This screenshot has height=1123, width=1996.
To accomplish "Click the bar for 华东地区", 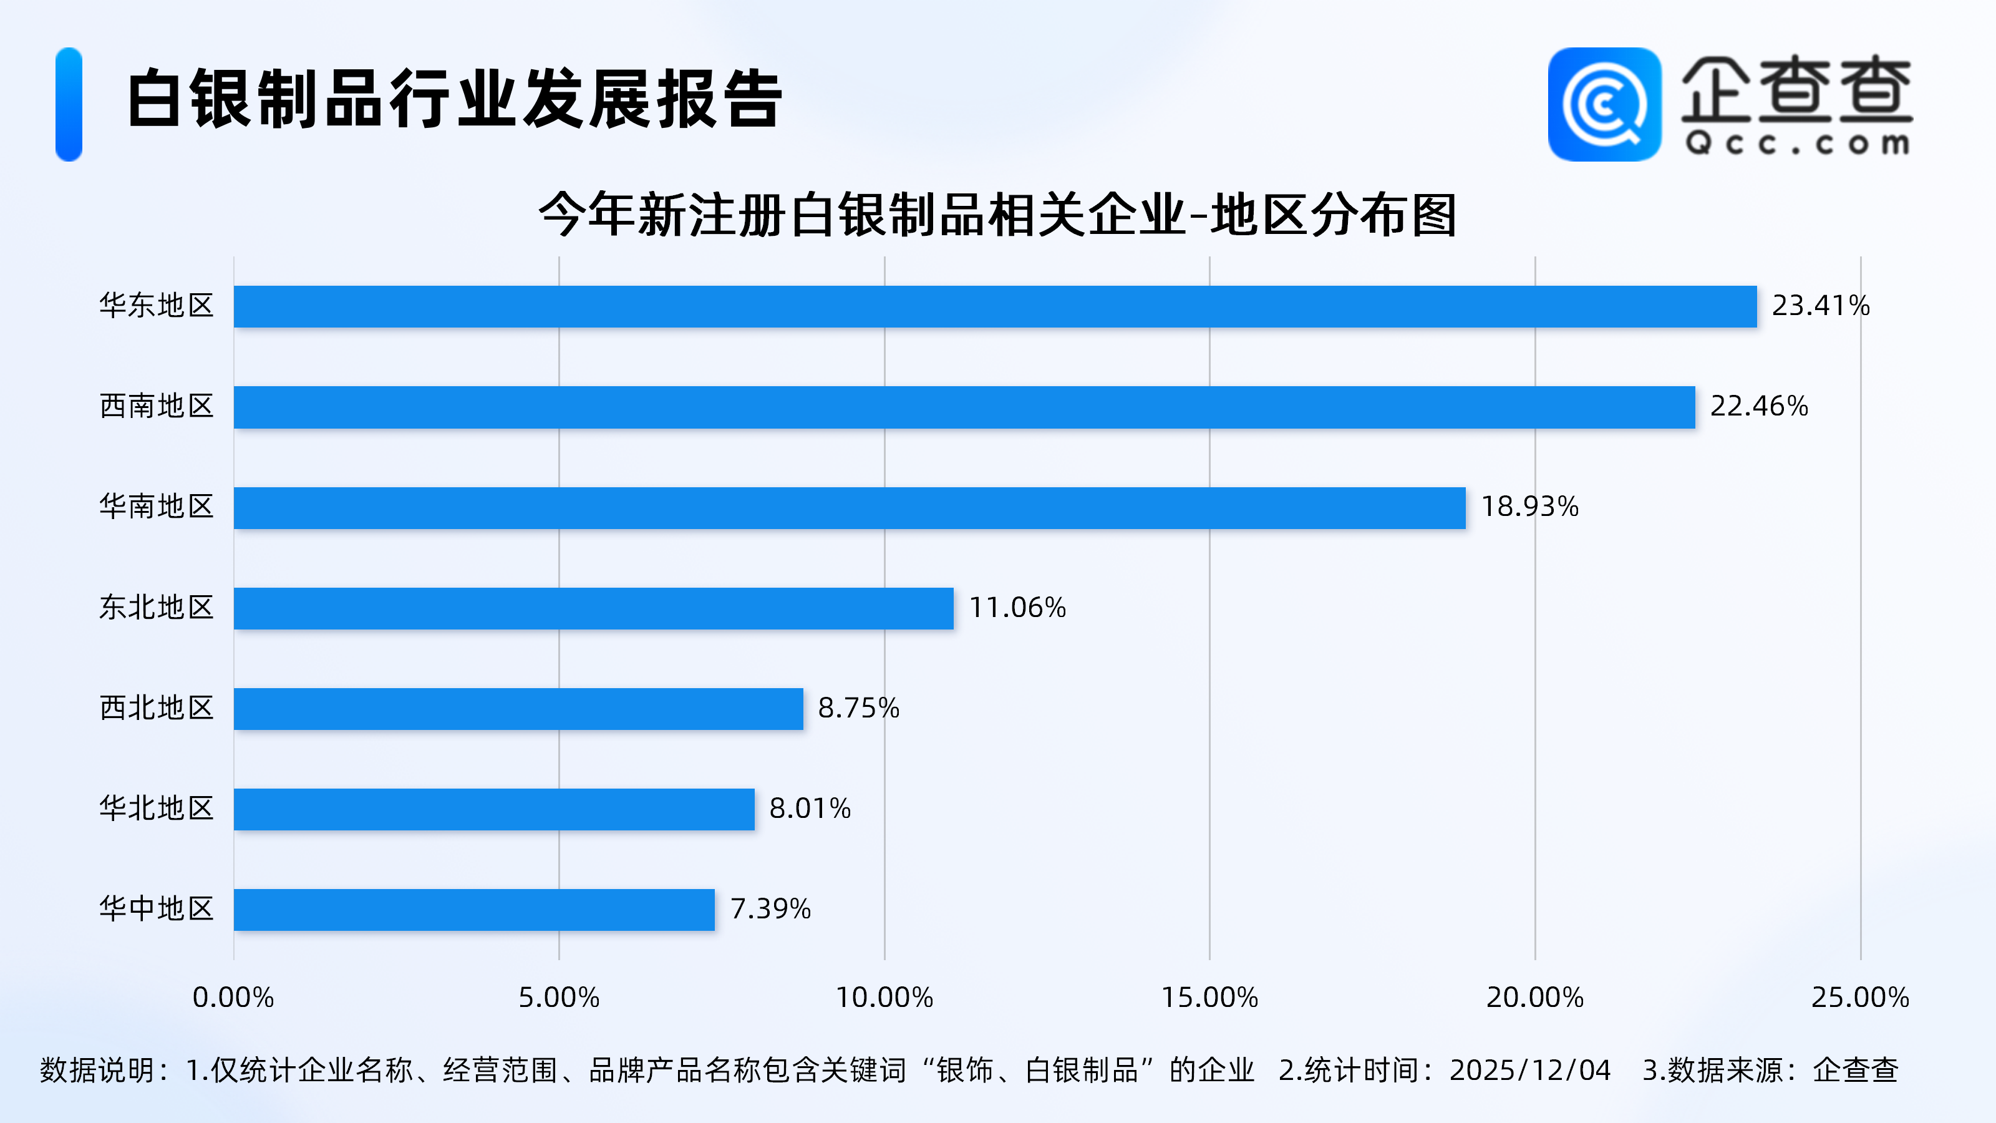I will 995,306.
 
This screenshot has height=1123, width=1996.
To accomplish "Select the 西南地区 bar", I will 964,407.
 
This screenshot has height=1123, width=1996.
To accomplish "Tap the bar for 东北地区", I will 594,608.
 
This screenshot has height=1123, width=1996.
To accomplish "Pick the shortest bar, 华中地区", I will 474,910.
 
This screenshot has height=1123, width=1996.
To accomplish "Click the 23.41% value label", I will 1820,306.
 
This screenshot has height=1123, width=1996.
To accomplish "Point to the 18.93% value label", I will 1529,507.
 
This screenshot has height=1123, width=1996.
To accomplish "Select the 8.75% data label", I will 858,708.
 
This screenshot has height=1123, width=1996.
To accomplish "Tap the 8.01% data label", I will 810,809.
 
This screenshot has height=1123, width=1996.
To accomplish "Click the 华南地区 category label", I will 157,507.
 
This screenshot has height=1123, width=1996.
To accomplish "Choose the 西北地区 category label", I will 157,708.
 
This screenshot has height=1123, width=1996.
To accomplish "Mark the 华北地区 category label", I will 157,809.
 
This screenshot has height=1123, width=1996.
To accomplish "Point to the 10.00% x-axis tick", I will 884,998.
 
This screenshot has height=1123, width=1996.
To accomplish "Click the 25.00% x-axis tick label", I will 1859,998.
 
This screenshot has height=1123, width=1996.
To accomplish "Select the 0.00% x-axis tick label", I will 233,998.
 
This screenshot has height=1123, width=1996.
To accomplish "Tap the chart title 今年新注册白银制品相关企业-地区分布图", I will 997,215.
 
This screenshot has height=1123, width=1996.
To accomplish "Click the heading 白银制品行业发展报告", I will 455,99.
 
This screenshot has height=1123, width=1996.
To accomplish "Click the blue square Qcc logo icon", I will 1604,105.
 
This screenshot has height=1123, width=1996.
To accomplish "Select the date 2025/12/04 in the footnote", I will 1529,1071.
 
